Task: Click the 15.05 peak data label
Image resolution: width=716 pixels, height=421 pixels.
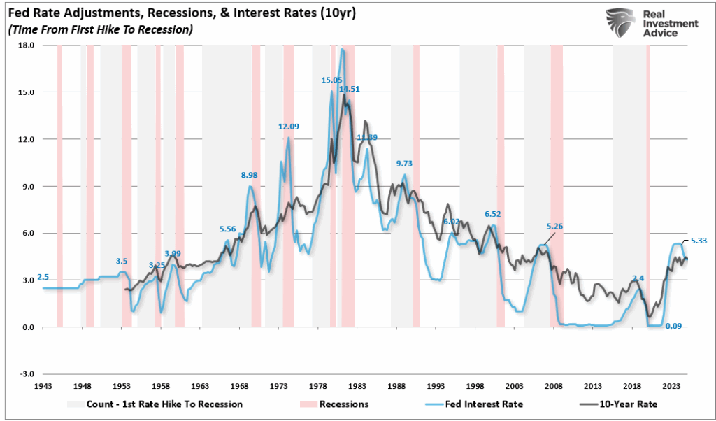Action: [x=331, y=80]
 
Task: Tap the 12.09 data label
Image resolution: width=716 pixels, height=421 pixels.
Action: [x=289, y=127]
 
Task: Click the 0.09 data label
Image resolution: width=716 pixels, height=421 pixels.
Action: [x=674, y=326]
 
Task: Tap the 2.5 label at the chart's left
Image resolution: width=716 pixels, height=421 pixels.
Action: [x=43, y=277]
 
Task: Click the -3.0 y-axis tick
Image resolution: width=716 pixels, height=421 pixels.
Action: [x=26, y=374]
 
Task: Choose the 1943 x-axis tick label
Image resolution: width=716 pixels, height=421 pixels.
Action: [x=43, y=386]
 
